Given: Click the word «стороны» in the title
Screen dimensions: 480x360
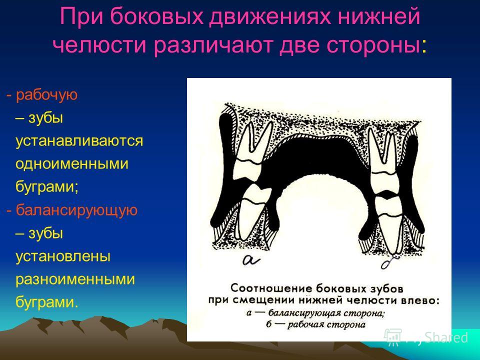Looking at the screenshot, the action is (x=372, y=46).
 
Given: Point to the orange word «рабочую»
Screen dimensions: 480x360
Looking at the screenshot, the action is (x=46, y=95).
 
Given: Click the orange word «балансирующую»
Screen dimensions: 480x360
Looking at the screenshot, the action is (x=76, y=211).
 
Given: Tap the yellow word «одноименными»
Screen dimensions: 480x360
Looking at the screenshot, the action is (x=72, y=164).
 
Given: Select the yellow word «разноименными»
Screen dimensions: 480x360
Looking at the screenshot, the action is (x=75, y=279).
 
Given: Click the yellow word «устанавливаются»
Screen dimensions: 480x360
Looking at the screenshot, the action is (x=79, y=141).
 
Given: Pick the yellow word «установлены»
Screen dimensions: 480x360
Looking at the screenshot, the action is (x=63, y=256).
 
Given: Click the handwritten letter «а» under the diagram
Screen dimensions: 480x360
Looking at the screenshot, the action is (x=251, y=259).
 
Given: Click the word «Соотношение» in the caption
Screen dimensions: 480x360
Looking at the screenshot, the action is (x=271, y=288).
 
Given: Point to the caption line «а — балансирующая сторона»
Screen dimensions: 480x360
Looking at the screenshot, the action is (x=315, y=313).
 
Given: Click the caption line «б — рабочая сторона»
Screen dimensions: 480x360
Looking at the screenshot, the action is (x=315, y=324).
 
